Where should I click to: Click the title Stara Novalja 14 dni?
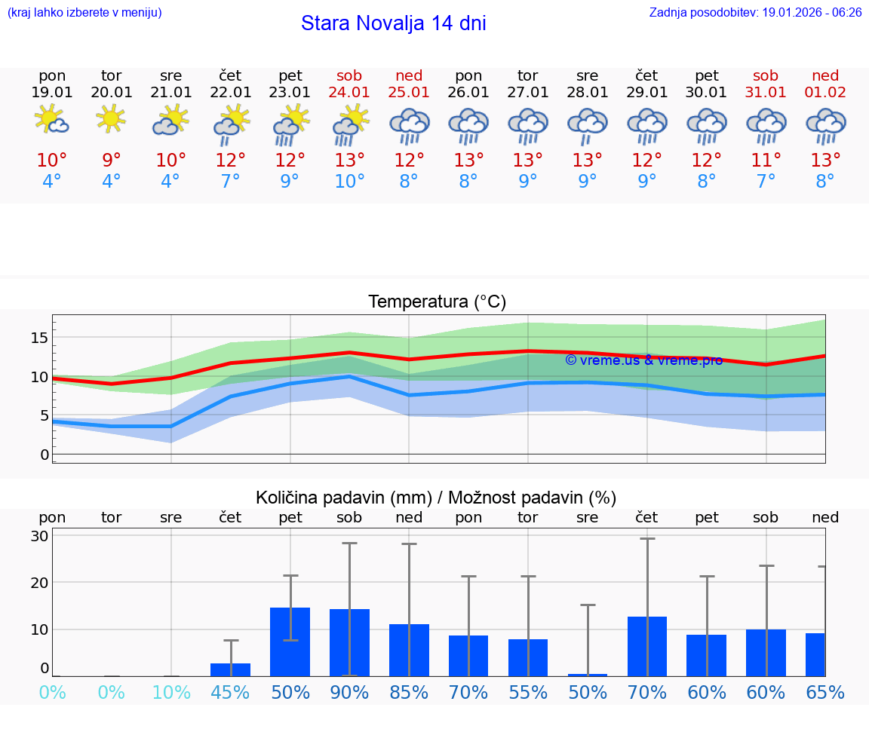click(393, 23)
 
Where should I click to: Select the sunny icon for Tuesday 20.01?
click(111, 118)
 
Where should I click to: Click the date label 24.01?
click(349, 93)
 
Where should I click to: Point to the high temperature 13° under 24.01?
click(349, 161)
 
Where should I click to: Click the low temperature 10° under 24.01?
click(349, 182)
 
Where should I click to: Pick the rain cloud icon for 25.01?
click(409, 124)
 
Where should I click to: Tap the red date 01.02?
click(825, 93)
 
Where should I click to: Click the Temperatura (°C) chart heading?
click(437, 302)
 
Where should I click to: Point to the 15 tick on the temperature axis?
click(39, 338)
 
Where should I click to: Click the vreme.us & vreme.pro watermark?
click(643, 360)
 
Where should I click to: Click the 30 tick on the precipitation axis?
click(39, 536)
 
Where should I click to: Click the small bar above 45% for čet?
click(230, 669)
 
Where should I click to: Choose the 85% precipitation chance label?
click(409, 693)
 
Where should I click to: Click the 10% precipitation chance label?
click(171, 693)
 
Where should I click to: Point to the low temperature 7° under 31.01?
click(766, 182)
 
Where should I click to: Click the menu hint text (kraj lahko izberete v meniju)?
click(84, 13)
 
